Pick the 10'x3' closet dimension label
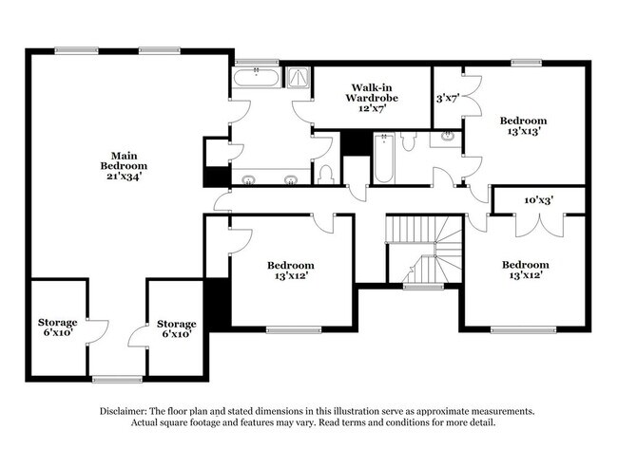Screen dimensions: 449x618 point(539,200)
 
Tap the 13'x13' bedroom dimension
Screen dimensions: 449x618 point(524,132)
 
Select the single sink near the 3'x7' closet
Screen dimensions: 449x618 point(444,140)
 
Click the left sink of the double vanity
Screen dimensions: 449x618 point(249,178)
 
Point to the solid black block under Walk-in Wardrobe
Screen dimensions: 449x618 point(356,142)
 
